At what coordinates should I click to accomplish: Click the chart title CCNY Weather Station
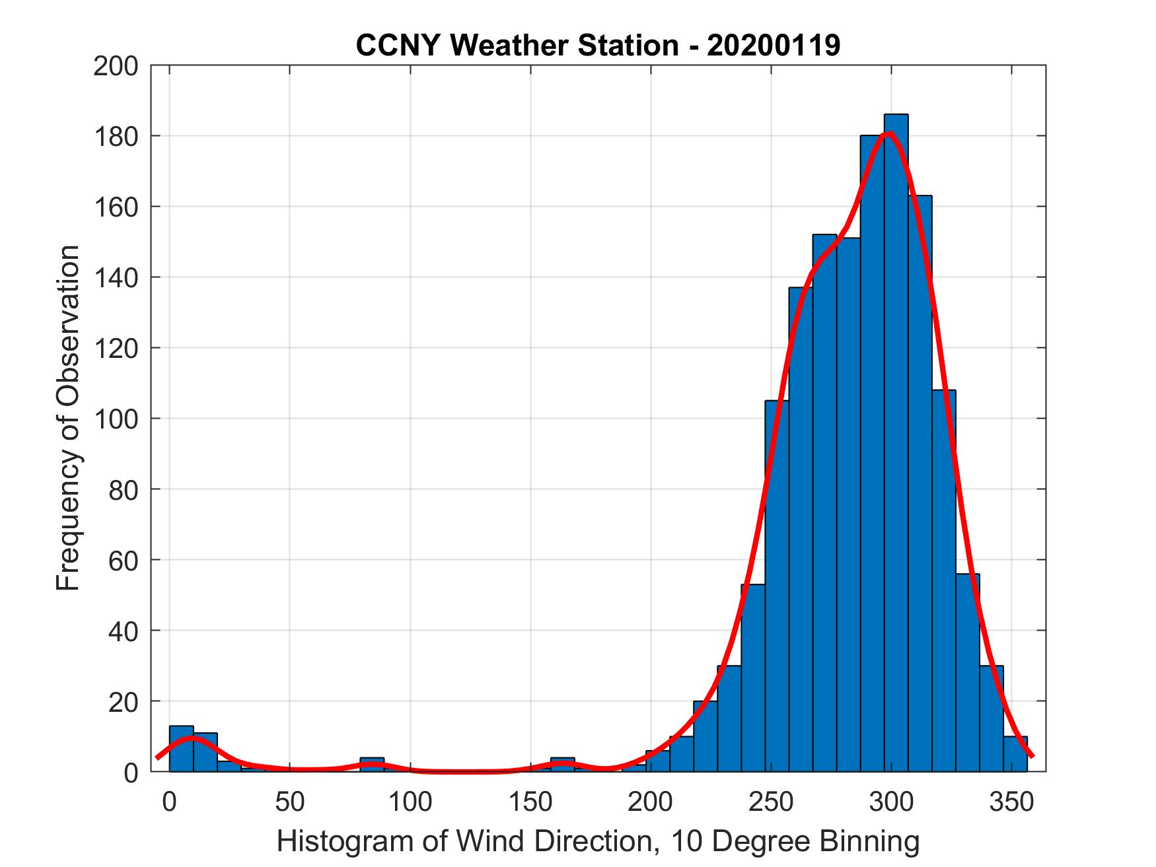pyautogui.click(x=517, y=46)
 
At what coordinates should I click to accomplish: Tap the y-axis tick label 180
pyautogui.click(x=116, y=136)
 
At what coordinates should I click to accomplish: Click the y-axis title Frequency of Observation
pyautogui.click(x=68, y=419)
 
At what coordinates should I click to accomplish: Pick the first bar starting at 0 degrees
pyautogui.click(x=181, y=749)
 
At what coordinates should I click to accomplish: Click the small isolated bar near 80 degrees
pyautogui.click(x=372, y=765)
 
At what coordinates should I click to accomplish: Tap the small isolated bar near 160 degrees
pyautogui.click(x=562, y=765)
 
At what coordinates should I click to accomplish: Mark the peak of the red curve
pyautogui.click(x=890, y=133)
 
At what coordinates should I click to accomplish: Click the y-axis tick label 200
pyautogui.click(x=116, y=66)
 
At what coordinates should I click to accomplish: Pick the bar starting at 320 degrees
pyautogui.click(x=943, y=580)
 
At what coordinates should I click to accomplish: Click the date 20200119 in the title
pyautogui.click(x=774, y=46)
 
